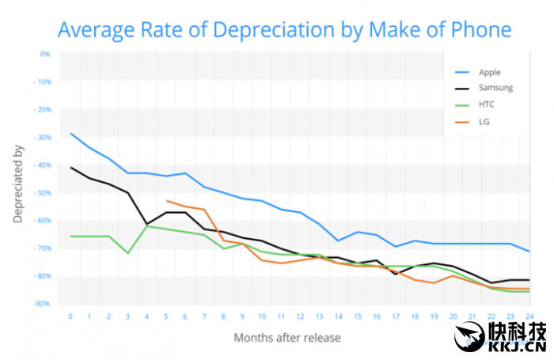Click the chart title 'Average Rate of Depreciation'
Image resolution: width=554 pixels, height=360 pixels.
pos(284,29)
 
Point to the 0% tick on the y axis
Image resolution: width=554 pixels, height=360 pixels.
pos(44,54)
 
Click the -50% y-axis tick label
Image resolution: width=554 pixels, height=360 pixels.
pos(42,193)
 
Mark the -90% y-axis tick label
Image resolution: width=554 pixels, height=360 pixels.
pos(42,304)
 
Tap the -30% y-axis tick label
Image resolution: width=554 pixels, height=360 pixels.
pos(42,138)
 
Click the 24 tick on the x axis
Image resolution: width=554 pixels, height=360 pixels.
pos(528,316)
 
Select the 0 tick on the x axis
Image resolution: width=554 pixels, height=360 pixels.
pos(70,316)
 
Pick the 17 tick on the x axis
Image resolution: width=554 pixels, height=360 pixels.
pos(395,316)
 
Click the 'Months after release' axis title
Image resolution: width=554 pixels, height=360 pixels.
pos(287,339)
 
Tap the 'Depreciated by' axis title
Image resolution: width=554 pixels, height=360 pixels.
pos(18,183)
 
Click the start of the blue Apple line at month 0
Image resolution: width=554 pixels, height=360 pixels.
pos(71,133)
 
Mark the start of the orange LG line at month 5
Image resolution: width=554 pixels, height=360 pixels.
pos(167,201)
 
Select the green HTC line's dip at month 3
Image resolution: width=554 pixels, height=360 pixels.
pos(128,253)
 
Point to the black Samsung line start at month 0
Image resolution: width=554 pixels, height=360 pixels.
pos(71,167)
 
